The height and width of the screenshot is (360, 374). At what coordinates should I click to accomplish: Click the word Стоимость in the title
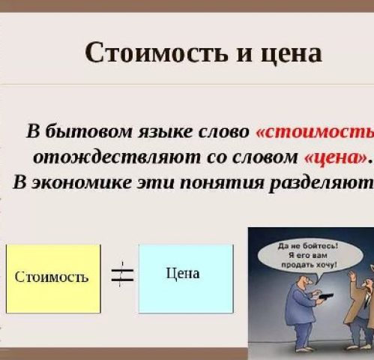(x=157, y=52)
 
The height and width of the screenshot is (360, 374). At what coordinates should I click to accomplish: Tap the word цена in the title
(x=292, y=55)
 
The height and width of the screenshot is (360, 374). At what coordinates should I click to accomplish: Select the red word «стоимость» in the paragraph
(x=315, y=132)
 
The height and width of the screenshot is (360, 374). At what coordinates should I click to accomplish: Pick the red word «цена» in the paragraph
(x=336, y=158)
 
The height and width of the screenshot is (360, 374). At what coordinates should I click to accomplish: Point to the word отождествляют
(x=117, y=157)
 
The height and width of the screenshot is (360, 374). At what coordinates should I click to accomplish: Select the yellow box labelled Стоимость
(x=53, y=278)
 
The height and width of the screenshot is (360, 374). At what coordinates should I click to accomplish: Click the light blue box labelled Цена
(x=186, y=278)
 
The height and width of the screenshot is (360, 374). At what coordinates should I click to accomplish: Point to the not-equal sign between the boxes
(x=122, y=274)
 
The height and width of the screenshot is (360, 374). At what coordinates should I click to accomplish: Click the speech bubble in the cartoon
(x=310, y=256)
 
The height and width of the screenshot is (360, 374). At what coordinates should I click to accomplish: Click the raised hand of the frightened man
(x=352, y=277)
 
